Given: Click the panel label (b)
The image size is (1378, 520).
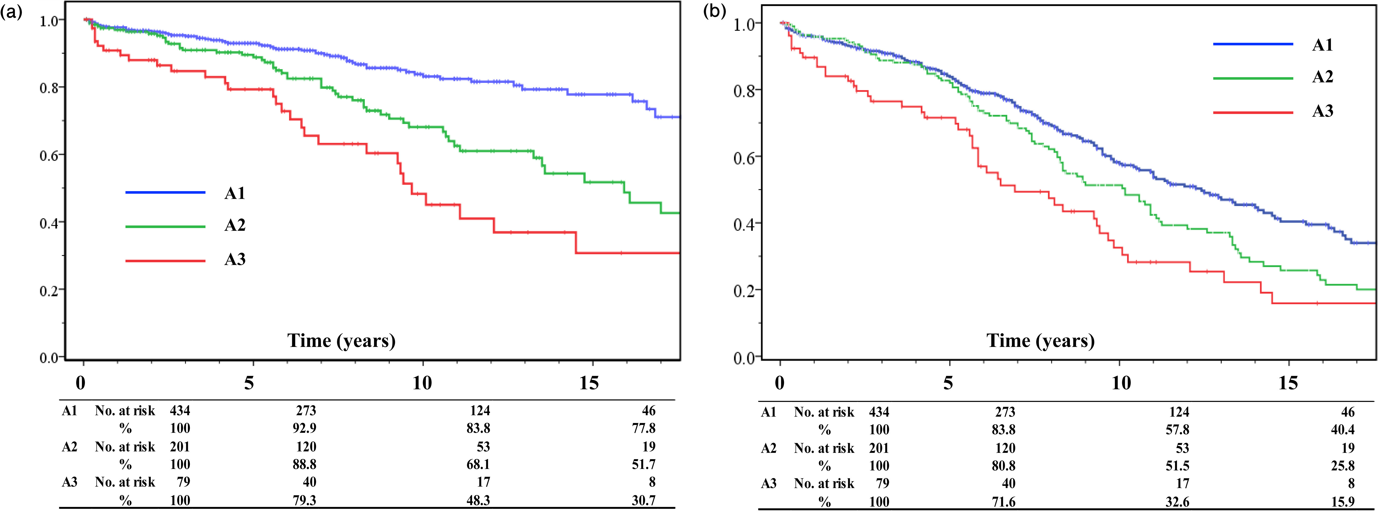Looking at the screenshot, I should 714,12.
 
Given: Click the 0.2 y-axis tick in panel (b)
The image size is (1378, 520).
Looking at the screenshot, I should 745,291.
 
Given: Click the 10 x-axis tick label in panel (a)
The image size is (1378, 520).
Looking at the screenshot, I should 422,383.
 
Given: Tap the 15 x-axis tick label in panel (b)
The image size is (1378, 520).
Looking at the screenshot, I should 1288,383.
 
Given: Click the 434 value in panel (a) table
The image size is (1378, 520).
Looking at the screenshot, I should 180,411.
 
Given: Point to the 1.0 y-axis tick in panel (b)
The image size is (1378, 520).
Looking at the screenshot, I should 745,24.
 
